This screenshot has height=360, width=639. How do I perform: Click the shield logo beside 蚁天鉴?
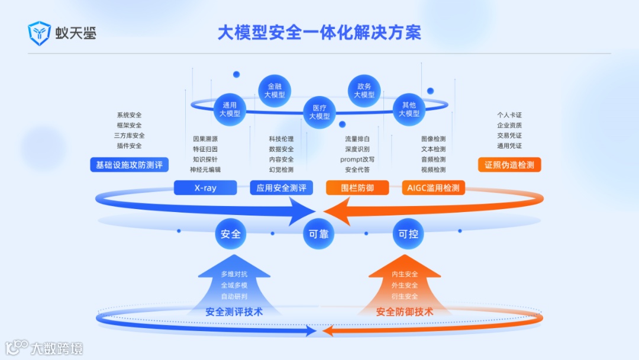click(x=40, y=33)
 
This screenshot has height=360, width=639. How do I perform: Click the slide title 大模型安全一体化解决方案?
click(x=319, y=33)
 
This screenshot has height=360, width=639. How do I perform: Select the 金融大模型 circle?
click(x=275, y=91)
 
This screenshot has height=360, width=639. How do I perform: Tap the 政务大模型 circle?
click(x=364, y=91)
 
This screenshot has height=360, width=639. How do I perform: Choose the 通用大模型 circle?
click(x=230, y=110)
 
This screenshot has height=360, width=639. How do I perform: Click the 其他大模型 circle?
click(x=409, y=110)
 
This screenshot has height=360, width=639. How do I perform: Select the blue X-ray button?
click(x=205, y=188)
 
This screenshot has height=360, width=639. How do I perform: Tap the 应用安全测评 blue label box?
click(x=282, y=188)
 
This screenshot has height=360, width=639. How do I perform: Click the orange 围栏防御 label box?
click(x=357, y=188)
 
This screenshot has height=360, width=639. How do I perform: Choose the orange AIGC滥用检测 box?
click(x=434, y=188)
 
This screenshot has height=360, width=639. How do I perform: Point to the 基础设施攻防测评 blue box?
click(x=129, y=165)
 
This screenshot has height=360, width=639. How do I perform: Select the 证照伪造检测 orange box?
click(x=509, y=165)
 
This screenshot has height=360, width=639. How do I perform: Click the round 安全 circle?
click(x=230, y=234)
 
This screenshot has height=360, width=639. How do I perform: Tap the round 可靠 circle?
click(x=319, y=234)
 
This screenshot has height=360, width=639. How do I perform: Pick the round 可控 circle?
click(x=408, y=234)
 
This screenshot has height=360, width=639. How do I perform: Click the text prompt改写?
click(x=357, y=159)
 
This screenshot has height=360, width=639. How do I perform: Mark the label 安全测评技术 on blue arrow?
click(x=234, y=312)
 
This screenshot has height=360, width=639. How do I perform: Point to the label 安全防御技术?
click(x=405, y=312)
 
